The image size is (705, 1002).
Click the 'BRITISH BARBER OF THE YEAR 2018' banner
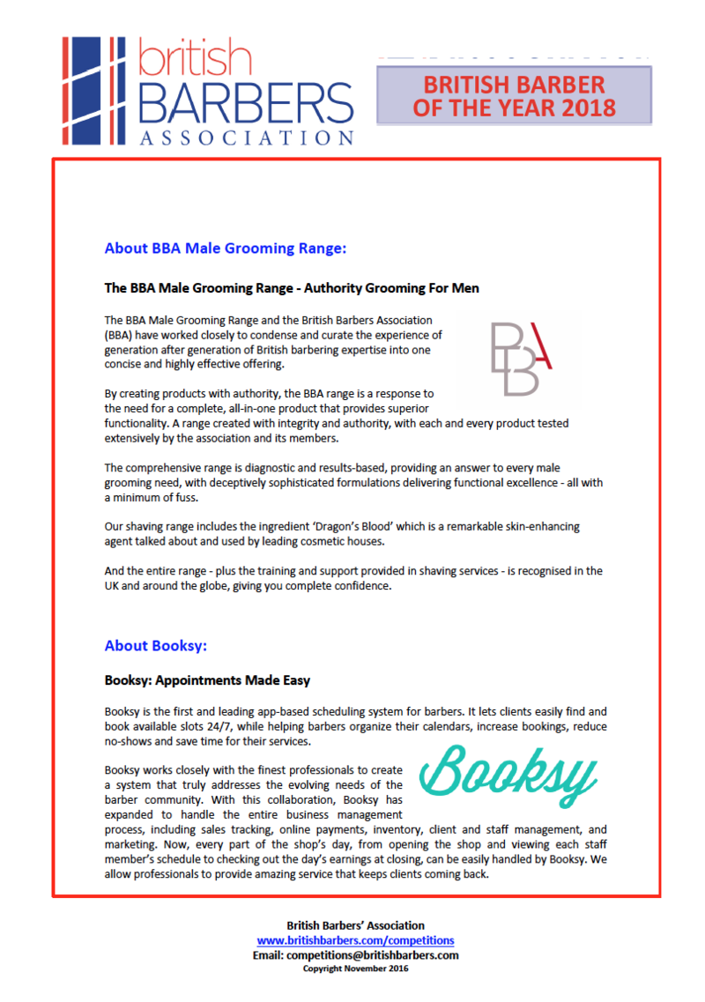coord(514,96)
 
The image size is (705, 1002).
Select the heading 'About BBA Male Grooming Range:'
coord(225,249)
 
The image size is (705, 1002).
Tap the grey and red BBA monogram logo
coord(523,358)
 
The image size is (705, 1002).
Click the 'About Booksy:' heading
coord(155,646)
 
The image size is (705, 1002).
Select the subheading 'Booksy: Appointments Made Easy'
coord(207,681)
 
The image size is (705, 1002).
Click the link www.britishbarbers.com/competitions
coord(355,940)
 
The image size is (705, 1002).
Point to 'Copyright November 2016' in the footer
coord(355,968)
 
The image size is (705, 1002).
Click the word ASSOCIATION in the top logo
coord(247,137)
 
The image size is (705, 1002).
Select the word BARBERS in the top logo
coord(247,106)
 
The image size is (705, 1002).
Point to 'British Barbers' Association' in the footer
coord(355,925)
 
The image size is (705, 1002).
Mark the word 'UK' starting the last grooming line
coord(112,585)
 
